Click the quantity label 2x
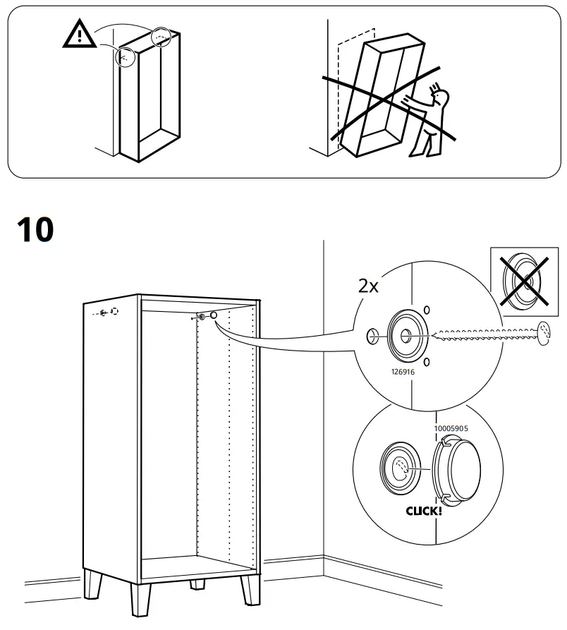(368, 286)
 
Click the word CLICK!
(424, 509)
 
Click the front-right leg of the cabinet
(249, 589)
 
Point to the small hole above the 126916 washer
(426, 310)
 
